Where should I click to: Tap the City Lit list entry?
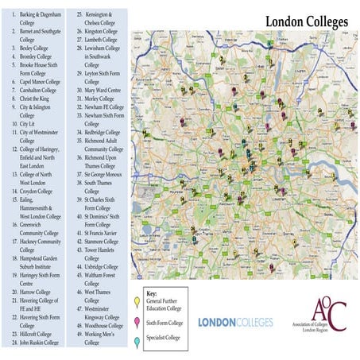click(28, 125)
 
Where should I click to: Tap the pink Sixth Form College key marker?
click(137, 323)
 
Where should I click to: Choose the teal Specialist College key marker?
click(137, 342)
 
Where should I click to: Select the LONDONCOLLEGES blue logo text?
click(234, 322)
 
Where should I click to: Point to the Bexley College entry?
click(32, 48)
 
